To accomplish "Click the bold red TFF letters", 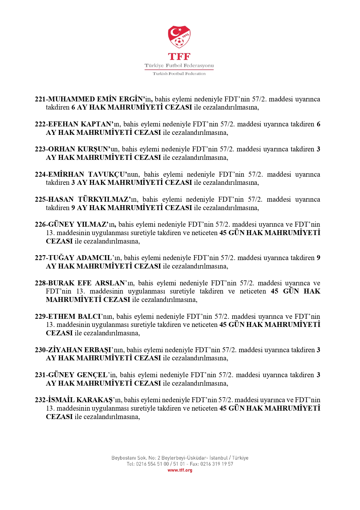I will (x=179, y=56).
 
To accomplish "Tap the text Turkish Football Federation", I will (x=179, y=74).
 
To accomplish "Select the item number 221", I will (x=40, y=99).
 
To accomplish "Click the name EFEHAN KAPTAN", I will (x=80, y=124).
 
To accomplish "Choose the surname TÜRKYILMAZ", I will (x=103, y=200).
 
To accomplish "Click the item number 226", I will (x=40, y=225).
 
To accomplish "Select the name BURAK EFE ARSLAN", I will (x=86, y=283).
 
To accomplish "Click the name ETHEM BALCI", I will (x=74, y=317).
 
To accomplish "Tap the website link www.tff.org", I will (x=180, y=470).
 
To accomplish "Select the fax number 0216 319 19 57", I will (x=217, y=464).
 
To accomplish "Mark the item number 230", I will (x=40, y=350).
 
